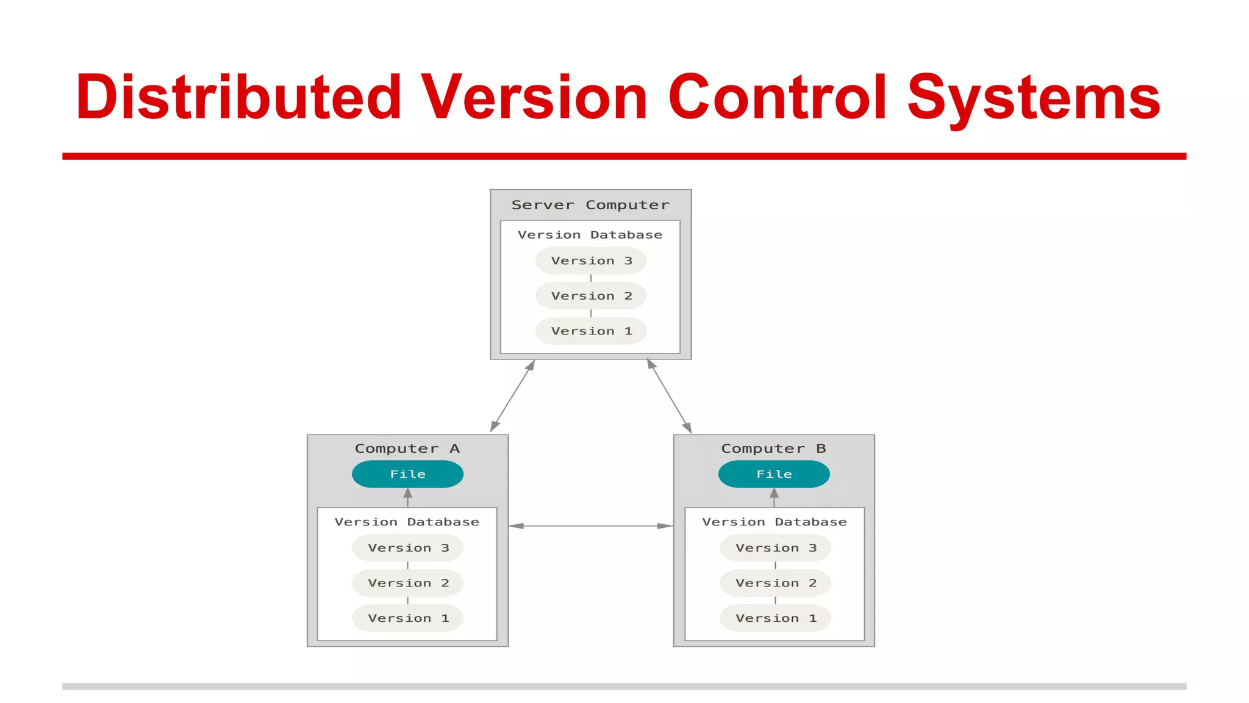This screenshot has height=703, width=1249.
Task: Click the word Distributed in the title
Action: (238, 98)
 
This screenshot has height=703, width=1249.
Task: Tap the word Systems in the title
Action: (1033, 98)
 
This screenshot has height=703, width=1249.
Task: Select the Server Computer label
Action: (590, 205)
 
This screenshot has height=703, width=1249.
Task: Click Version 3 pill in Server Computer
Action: (590, 261)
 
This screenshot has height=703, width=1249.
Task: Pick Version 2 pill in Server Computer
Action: (590, 296)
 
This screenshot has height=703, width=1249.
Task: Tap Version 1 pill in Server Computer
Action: (590, 331)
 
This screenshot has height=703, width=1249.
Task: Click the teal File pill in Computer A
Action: (407, 474)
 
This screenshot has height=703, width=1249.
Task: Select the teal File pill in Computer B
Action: (774, 474)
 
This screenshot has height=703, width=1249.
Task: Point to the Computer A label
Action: (407, 449)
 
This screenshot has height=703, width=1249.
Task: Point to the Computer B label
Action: (773, 449)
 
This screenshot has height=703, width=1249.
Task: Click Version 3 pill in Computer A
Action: (407, 548)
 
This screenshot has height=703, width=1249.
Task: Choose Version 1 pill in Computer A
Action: (407, 618)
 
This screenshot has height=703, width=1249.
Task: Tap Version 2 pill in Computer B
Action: (775, 583)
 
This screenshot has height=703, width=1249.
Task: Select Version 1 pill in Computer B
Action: (775, 618)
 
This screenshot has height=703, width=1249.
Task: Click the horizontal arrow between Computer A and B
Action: (590, 525)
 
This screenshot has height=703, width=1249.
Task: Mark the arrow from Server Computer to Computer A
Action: (512, 396)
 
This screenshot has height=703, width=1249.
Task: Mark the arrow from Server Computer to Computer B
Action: (669, 396)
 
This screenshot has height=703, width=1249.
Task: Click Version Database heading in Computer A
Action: (407, 522)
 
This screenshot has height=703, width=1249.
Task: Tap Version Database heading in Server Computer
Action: (590, 235)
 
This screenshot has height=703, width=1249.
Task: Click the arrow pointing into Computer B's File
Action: (774, 497)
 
